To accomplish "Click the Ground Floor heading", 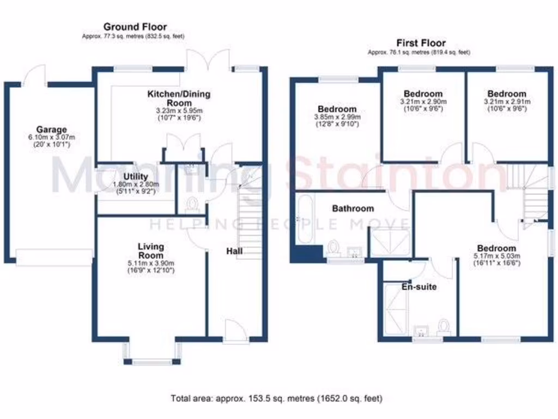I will tap(135, 27).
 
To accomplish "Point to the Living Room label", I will tap(150, 251).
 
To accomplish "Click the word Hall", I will tap(235, 251).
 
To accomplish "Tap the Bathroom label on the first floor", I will tap(353, 208).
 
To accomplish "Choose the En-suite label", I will tap(418, 286).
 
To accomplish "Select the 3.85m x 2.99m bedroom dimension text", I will tap(338, 117).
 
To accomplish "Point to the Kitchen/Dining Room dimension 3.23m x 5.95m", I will tap(179, 111).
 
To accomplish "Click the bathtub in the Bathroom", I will tap(304, 220).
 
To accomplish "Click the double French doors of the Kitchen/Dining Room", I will tap(207, 59).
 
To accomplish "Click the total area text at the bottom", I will tap(276, 398).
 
